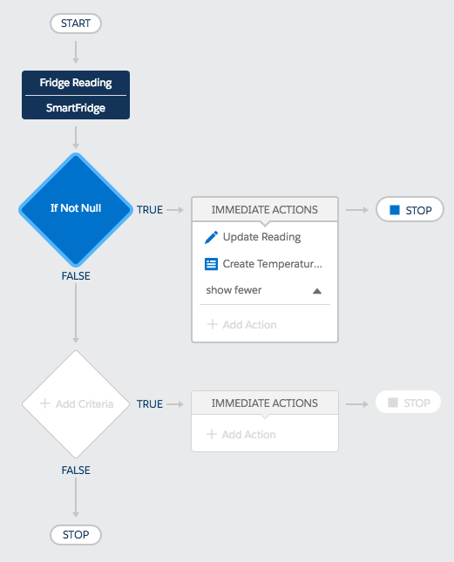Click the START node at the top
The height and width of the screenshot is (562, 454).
tap(76, 24)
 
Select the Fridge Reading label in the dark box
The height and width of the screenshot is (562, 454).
tap(76, 83)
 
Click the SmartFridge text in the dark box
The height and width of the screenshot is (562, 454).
tap(76, 108)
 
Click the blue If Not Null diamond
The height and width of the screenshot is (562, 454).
tap(76, 210)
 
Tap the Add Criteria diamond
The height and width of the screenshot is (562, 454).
tap(76, 404)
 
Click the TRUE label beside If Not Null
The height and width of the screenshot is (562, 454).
tap(150, 210)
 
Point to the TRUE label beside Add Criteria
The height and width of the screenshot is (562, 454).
tap(150, 404)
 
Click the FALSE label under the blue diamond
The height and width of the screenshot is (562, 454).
tap(76, 276)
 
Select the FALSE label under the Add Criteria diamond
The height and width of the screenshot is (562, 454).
tap(76, 471)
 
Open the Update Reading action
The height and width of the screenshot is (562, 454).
tap(261, 237)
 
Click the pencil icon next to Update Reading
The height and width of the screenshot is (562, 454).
tap(211, 237)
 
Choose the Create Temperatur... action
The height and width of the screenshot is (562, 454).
tap(273, 264)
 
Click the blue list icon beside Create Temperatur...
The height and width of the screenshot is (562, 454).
tap(211, 264)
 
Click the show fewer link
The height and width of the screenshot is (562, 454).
tap(234, 290)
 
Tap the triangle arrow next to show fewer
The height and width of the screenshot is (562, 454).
tap(317, 291)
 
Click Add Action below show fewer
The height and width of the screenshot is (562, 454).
tap(242, 325)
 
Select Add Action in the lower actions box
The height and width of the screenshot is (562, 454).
tap(241, 435)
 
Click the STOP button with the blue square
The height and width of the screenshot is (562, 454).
tap(410, 210)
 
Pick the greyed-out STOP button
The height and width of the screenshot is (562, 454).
tap(408, 403)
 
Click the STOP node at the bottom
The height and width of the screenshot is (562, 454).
tap(76, 535)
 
